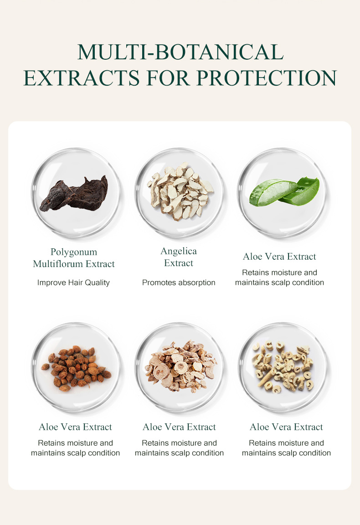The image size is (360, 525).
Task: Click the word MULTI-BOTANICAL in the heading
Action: [180, 52]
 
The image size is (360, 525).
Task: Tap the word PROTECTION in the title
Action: [266, 78]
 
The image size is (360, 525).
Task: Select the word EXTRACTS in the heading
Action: [82, 78]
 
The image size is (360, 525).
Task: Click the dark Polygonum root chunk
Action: [74, 194]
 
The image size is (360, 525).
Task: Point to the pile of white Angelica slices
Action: [180, 191]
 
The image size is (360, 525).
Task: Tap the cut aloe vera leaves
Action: [284, 191]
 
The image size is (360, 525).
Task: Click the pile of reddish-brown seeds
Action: [76, 368]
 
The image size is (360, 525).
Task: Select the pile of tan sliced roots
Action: [180, 366]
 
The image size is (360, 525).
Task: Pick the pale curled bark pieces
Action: [283, 366]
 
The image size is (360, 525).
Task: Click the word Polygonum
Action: [74, 252]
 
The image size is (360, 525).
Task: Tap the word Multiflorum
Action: [58, 264]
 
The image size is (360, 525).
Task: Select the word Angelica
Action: [179, 252]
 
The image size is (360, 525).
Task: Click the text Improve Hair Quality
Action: [73, 283]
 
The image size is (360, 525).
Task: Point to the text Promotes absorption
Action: [179, 283]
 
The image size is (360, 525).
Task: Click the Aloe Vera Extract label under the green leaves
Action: [279, 257]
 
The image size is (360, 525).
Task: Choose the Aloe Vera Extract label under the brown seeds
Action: [75, 427]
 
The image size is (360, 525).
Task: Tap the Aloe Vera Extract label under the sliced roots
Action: [179, 427]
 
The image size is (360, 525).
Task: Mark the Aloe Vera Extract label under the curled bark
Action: [286, 427]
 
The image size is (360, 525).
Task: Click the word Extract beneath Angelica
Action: [179, 263]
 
